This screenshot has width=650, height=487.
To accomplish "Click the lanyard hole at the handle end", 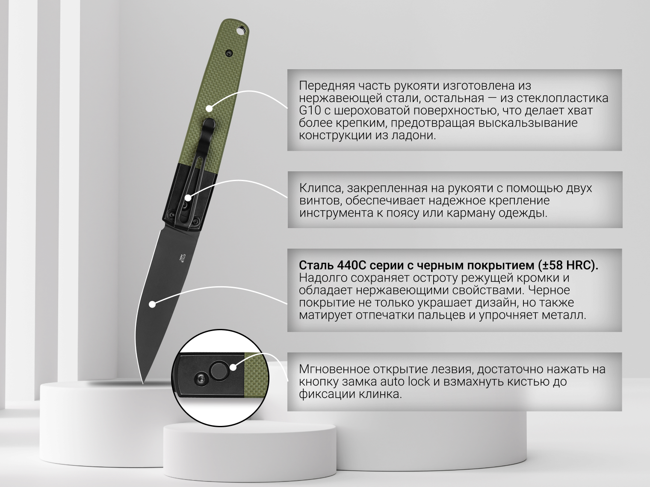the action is tap(241, 30).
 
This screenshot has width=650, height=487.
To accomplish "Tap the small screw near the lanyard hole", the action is tap(229, 53).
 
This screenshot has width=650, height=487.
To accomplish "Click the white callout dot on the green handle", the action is tap(210, 109).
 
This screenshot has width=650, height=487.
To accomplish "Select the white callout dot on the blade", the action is tap(152, 304).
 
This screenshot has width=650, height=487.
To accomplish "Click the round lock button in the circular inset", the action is tap(219, 371).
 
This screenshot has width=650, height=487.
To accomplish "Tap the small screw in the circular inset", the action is tap(200, 379).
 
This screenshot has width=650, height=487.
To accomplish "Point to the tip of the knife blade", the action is tap(143, 384).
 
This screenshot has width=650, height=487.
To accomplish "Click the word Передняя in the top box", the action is tap(327, 86).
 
